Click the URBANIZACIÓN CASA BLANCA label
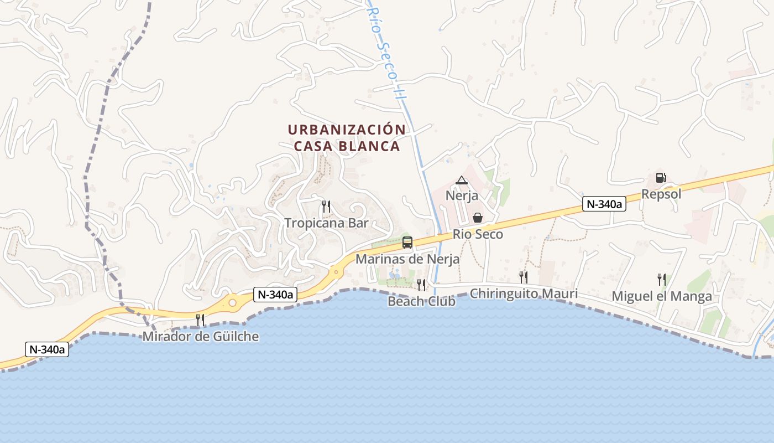[347, 138]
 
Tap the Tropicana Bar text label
[326, 223]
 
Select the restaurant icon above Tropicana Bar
[326, 207]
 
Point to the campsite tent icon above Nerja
[462, 180]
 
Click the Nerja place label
[462, 195]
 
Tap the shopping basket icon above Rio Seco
[478, 218]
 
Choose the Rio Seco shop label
[478, 234]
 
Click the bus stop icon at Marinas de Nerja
[407, 242]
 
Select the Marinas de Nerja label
[407, 259]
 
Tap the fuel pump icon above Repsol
[661, 178]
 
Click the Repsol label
[661, 194]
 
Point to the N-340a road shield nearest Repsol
[604, 204]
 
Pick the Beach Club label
[421, 301]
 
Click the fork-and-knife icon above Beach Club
[421, 285]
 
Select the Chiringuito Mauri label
[524, 293]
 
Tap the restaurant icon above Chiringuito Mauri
[523, 277]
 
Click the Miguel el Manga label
[662, 296]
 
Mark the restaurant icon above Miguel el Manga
[661, 280]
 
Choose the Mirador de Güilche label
[201, 336]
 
